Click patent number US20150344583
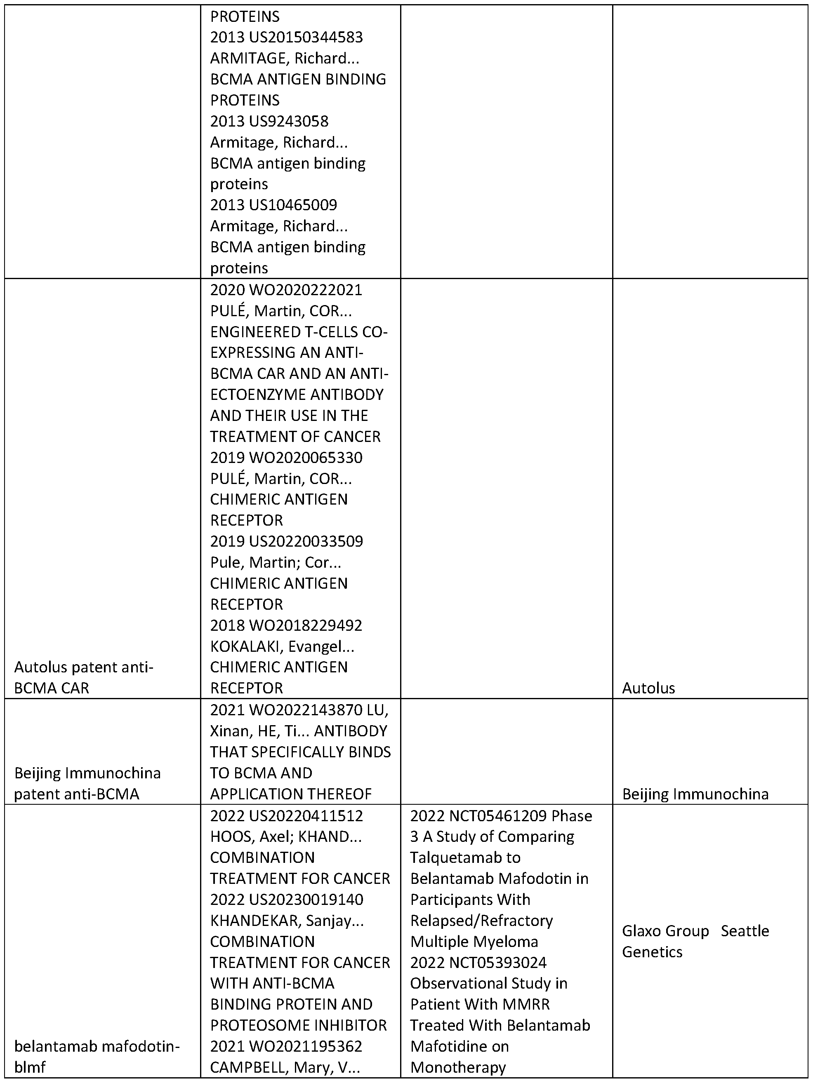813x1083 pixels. coord(306,38)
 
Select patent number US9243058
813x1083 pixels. coord(288,122)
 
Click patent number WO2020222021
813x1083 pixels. coord(306,290)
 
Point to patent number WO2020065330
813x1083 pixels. coord(306,458)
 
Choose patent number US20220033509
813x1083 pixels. coord(306,542)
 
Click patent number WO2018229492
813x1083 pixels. coord(306,625)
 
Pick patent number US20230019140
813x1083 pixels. coord(306,900)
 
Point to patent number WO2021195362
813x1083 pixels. coord(306,1046)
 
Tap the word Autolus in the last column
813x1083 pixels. coord(648,688)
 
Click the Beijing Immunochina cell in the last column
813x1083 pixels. coord(695,794)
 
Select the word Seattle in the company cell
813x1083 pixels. coord(745,931)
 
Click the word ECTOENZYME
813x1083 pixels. coord(262,395)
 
